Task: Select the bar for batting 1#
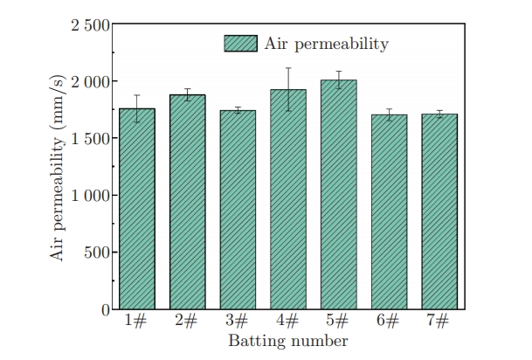[137, 210]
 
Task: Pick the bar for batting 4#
[287, 200]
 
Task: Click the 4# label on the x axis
[287, 322]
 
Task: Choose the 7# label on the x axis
[439, 322]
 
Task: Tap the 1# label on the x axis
[137, 322]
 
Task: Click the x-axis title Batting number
[287, 340]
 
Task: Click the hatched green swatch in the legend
[240, 44]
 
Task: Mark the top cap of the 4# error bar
[287, 68]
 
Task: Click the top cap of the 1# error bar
[137, 95]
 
